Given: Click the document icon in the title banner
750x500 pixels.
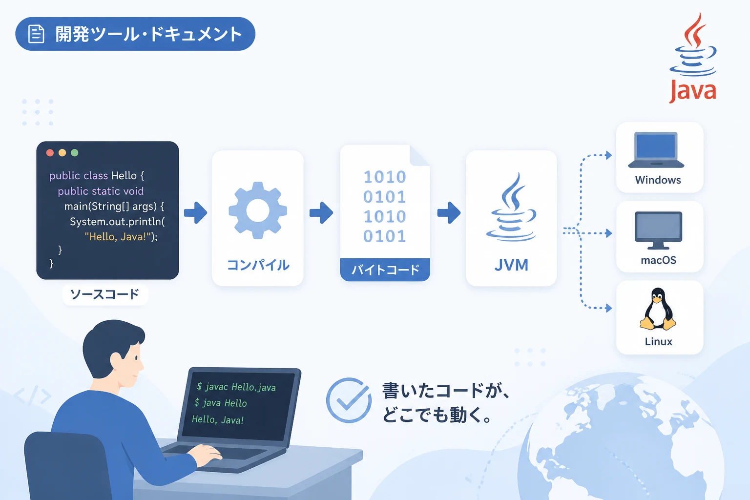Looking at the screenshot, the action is (x=36, y=34).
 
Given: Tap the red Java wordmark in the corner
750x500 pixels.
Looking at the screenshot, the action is (x=692, y=91).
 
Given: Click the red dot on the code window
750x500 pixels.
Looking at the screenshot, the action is (x=50, y=153).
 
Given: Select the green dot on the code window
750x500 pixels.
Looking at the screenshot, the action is (x=75, y=153).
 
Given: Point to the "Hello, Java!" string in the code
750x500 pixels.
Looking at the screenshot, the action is (x=118, y=237).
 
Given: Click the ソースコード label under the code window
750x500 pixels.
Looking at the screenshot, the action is (x=105, y=294).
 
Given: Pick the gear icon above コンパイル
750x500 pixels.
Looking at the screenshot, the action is (x=257, y=210).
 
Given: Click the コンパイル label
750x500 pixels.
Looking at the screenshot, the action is (x=258, y=265).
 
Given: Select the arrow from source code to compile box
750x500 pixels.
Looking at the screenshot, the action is (x=195, y=212).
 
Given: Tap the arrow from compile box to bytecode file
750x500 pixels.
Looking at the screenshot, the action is (x=321, y=212).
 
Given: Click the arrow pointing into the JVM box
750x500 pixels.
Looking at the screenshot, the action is (x=449, y=212).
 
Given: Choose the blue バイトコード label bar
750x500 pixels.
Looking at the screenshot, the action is (x=385, y=270).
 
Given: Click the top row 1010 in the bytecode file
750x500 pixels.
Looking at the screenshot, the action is (x=385, y=177).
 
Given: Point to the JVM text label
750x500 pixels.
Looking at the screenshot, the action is (x=511, y=265).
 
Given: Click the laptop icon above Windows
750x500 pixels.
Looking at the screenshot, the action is (x=656, y=150).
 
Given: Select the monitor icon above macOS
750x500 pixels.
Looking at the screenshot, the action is (x=658, y=230).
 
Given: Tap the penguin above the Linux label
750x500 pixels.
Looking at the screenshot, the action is (x=658, y=310).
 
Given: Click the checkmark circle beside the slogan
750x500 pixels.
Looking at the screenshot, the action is (x=349, y=400).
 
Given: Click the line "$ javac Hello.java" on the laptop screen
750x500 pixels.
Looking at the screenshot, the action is (x=236, y=387).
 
